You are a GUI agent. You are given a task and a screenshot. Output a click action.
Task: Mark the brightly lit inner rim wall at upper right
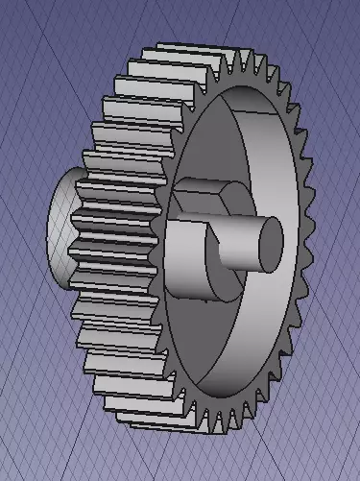[x=274, y=144]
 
